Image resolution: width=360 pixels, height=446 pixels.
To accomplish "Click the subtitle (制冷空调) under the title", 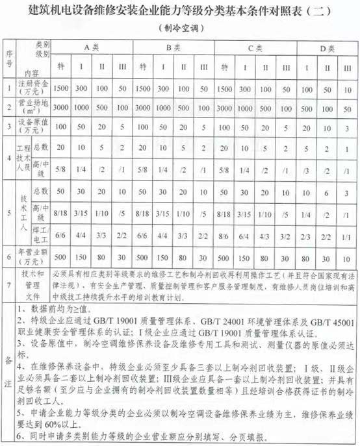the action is [x=179, y=28].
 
